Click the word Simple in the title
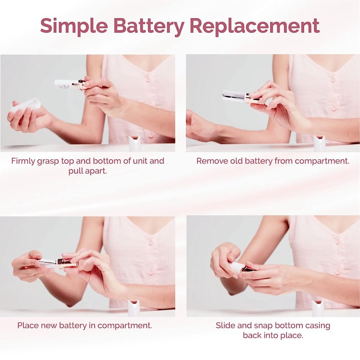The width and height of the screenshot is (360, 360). click(74, 26)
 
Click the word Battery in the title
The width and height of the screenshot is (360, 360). click(149, 26)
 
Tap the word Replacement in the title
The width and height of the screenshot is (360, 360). click(255, 25)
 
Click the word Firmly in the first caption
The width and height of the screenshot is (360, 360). click(23, 161)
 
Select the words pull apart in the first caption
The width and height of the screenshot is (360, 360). click(88, 171)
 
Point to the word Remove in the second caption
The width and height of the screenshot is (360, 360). click(209, 161)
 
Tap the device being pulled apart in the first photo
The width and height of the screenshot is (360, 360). click(70, 84)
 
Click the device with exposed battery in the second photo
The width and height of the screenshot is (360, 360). click(241, 97)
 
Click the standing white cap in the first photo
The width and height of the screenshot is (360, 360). click(135, 143)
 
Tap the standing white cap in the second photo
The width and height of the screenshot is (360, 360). click(320, 143)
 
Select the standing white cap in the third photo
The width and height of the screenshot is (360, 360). click(134, 308)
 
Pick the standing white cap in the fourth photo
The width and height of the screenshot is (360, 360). click(318, 308)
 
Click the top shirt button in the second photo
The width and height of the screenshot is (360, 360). click(332, 80)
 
